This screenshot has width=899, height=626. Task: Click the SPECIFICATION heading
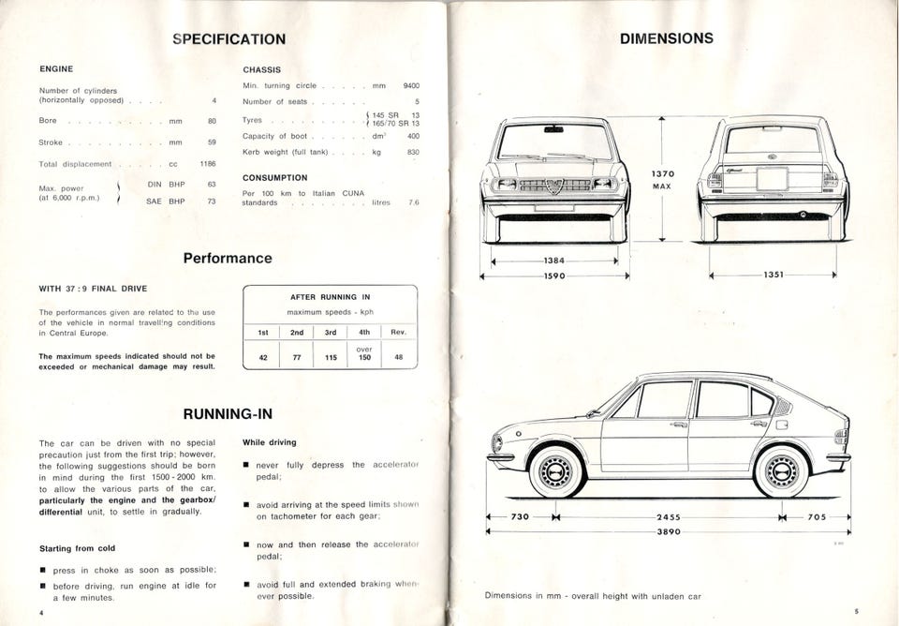[229, 38]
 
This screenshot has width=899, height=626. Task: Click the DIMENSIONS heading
[667, 38]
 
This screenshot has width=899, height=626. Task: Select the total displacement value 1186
[208, 164]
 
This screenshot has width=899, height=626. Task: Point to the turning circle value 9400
[411, 85]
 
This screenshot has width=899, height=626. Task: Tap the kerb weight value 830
[413, 152]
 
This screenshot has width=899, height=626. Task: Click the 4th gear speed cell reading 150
[364, 357]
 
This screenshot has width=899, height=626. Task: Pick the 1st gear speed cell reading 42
[262, 357]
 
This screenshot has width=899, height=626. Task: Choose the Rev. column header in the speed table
[399, 332]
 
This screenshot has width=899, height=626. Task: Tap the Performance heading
[228, 258]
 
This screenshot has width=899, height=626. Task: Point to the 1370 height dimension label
[663, 173]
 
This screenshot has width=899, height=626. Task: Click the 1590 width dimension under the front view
[554, 276]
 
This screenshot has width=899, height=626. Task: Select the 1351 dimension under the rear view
[773, 276]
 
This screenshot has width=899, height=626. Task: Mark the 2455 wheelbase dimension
[668, 516]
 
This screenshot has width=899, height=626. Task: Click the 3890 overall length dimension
[667, 531]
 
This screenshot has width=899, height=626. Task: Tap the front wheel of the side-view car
[558, 469]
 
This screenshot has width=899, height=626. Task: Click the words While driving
[269, 442]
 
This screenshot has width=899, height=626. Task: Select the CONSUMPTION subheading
[274, 177]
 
